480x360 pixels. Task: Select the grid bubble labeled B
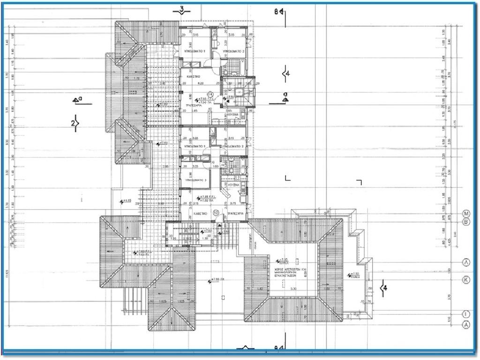pyautogui.click(x=466, y=222)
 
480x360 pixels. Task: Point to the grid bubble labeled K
pyautogui.click(x=466, y=280)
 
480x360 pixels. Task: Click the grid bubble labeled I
pyautogui.click(x=466, y=314)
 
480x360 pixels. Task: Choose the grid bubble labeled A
pyautogui.click(x=466, y=324)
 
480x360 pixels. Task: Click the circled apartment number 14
pyautogui.click(x=210, y=95)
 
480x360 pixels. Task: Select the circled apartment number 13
pyautogui.click(x=216, y=213)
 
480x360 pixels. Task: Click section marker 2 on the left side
pyautogui.click(x=75, y=123)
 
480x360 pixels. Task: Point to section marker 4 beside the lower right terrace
pyautogui.click(x=383, y=287)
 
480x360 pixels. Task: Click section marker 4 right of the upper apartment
pyautogui.click(x=286, y=73)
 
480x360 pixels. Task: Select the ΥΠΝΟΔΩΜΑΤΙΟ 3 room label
pyautogui.click(x=194, y=180)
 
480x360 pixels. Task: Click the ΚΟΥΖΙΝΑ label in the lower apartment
pyautogui.click(x=233, y=185)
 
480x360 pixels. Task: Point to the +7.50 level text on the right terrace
pyautogui.click(x=354, y=274)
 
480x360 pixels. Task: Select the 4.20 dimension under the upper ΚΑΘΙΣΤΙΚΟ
pyautogui.click(x=200, y=84)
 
